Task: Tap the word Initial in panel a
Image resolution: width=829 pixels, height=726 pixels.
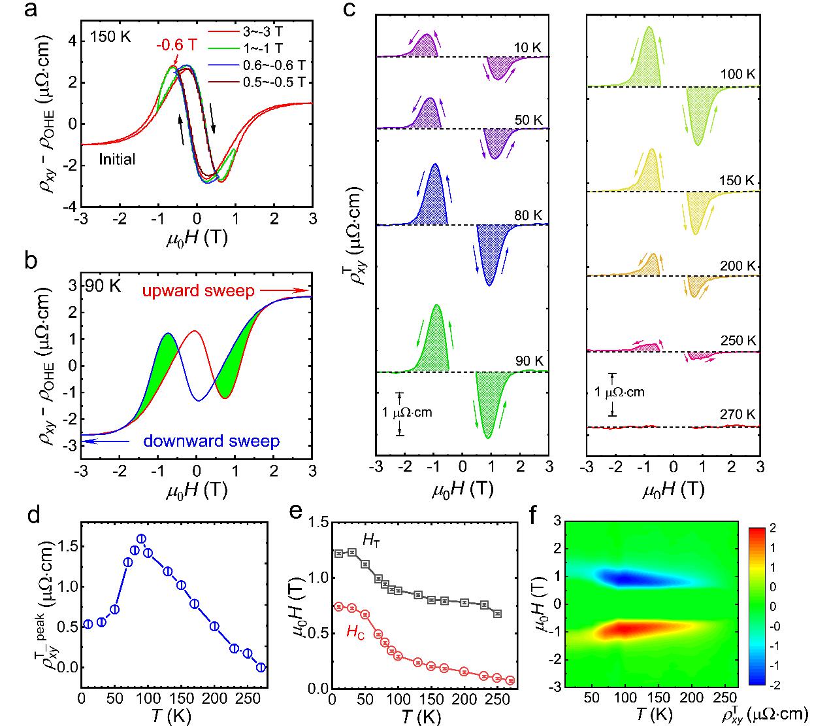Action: point(118,158)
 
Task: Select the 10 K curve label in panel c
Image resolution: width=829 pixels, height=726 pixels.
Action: point(528,48)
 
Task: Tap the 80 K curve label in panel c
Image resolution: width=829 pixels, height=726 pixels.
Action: point(528,216)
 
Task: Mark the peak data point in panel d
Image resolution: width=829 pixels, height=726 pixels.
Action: point(141,539)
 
